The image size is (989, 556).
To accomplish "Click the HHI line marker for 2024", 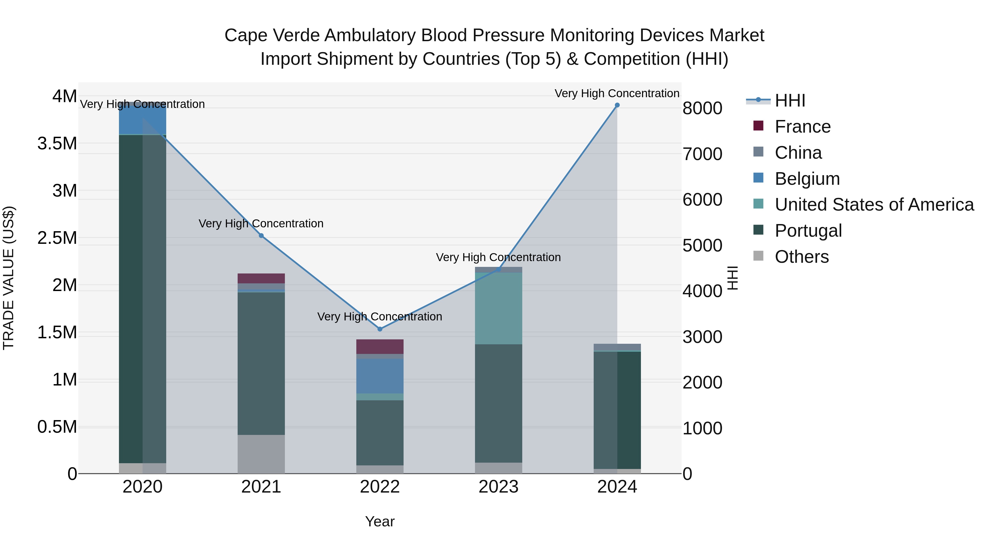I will tap(617, 105).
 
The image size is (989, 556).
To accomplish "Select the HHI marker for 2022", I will tap(380, 329).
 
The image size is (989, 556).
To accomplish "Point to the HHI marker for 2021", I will tap(261, 236).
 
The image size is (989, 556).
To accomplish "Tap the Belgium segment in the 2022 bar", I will tap(380, 376).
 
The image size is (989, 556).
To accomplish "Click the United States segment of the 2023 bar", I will tap(498, 309).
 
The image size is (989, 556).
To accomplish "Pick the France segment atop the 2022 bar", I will tap(380, 347).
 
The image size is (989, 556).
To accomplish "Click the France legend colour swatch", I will tap(758, 125).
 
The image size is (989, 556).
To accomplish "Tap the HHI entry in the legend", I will tap(790, 100).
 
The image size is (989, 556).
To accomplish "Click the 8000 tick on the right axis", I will tap(702, 108).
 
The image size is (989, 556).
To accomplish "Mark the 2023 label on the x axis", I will tap(498, 487).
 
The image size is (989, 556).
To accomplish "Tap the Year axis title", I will tap(380, 521).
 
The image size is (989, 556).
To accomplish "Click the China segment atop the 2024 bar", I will tap(617, 347).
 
